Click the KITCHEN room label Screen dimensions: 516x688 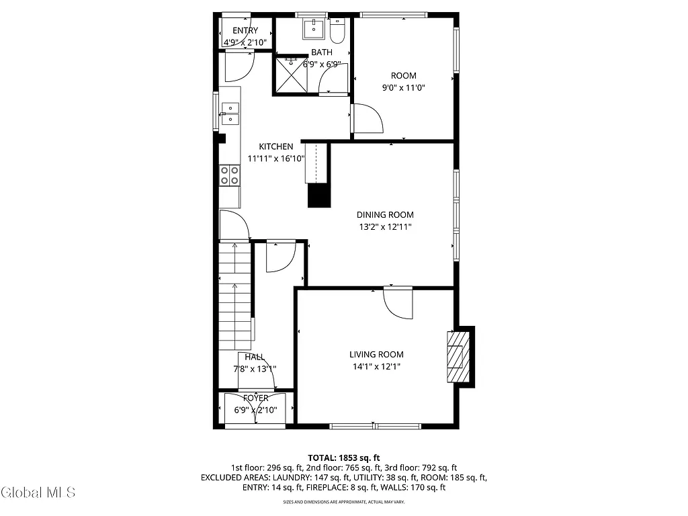tap(276, 146)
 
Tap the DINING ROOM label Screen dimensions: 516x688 tap(385, 215)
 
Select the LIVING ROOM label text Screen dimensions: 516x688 tap(376, 355)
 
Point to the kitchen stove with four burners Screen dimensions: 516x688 tap(229, 175)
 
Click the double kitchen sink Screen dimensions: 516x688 tap(230, 114)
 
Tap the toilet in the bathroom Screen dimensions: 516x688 tap(338, 30)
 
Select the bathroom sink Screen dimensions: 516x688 tap(313, 29)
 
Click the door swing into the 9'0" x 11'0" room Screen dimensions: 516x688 tap(368, 119)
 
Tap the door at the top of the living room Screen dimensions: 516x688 tap(398, 303)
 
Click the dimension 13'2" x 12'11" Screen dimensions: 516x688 tap(385, 227)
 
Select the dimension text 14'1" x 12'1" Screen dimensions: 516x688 tap(376, 367)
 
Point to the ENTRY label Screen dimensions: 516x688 tap(245, 31)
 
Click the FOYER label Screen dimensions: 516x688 tap(255, 398)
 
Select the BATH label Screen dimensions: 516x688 tap(321, 52)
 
